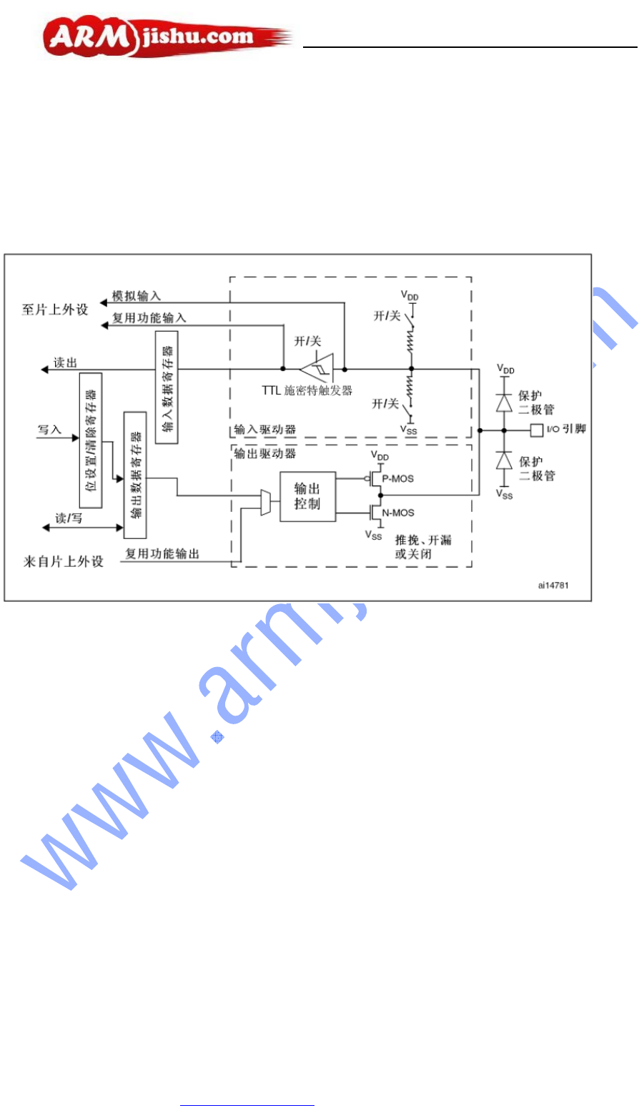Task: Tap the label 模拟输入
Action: click(x=137, y=296)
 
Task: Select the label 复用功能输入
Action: click(x=149, y=318)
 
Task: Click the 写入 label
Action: click(x=50, y=430)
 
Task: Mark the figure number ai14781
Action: click(x=555, y=585)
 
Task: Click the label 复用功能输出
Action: click(x=162, y=553)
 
